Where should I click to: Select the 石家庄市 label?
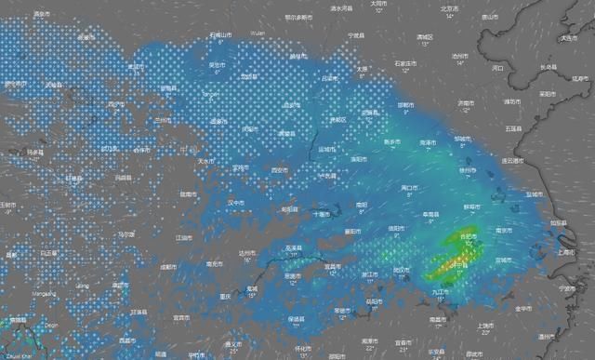pos(404,62)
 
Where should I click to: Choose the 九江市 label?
pos(439,292)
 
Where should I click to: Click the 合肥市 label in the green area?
pos(469,237)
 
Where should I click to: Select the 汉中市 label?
pos(236,202)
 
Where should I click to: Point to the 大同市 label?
pos(377,5)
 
